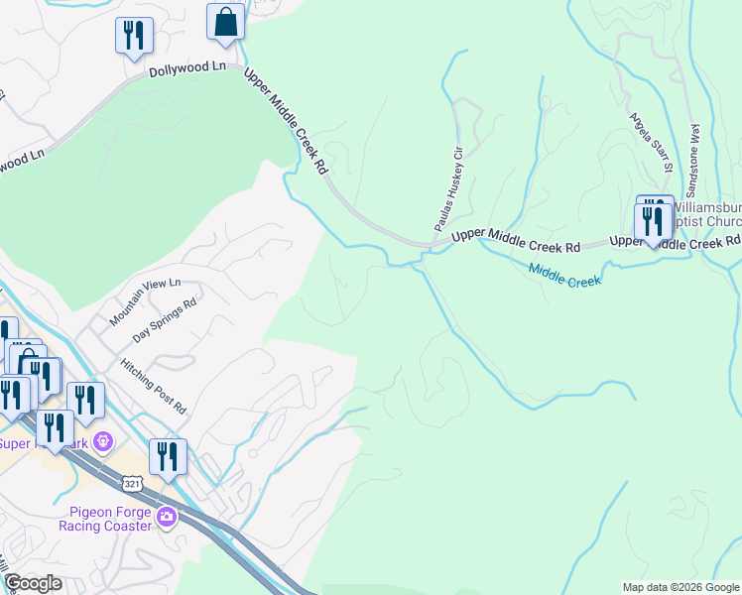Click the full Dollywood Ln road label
click(187, 70)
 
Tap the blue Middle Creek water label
click(564, 275)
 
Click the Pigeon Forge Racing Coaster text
click(110, 519)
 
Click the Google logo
click(33, 583)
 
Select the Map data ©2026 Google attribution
click(680, 587)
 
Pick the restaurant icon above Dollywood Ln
click(133, 36)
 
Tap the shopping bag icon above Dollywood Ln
click(226, 22)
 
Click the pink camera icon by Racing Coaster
click(167, 517)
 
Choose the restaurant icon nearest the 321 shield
click(168, 456)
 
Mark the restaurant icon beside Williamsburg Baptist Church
click(653, 221)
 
